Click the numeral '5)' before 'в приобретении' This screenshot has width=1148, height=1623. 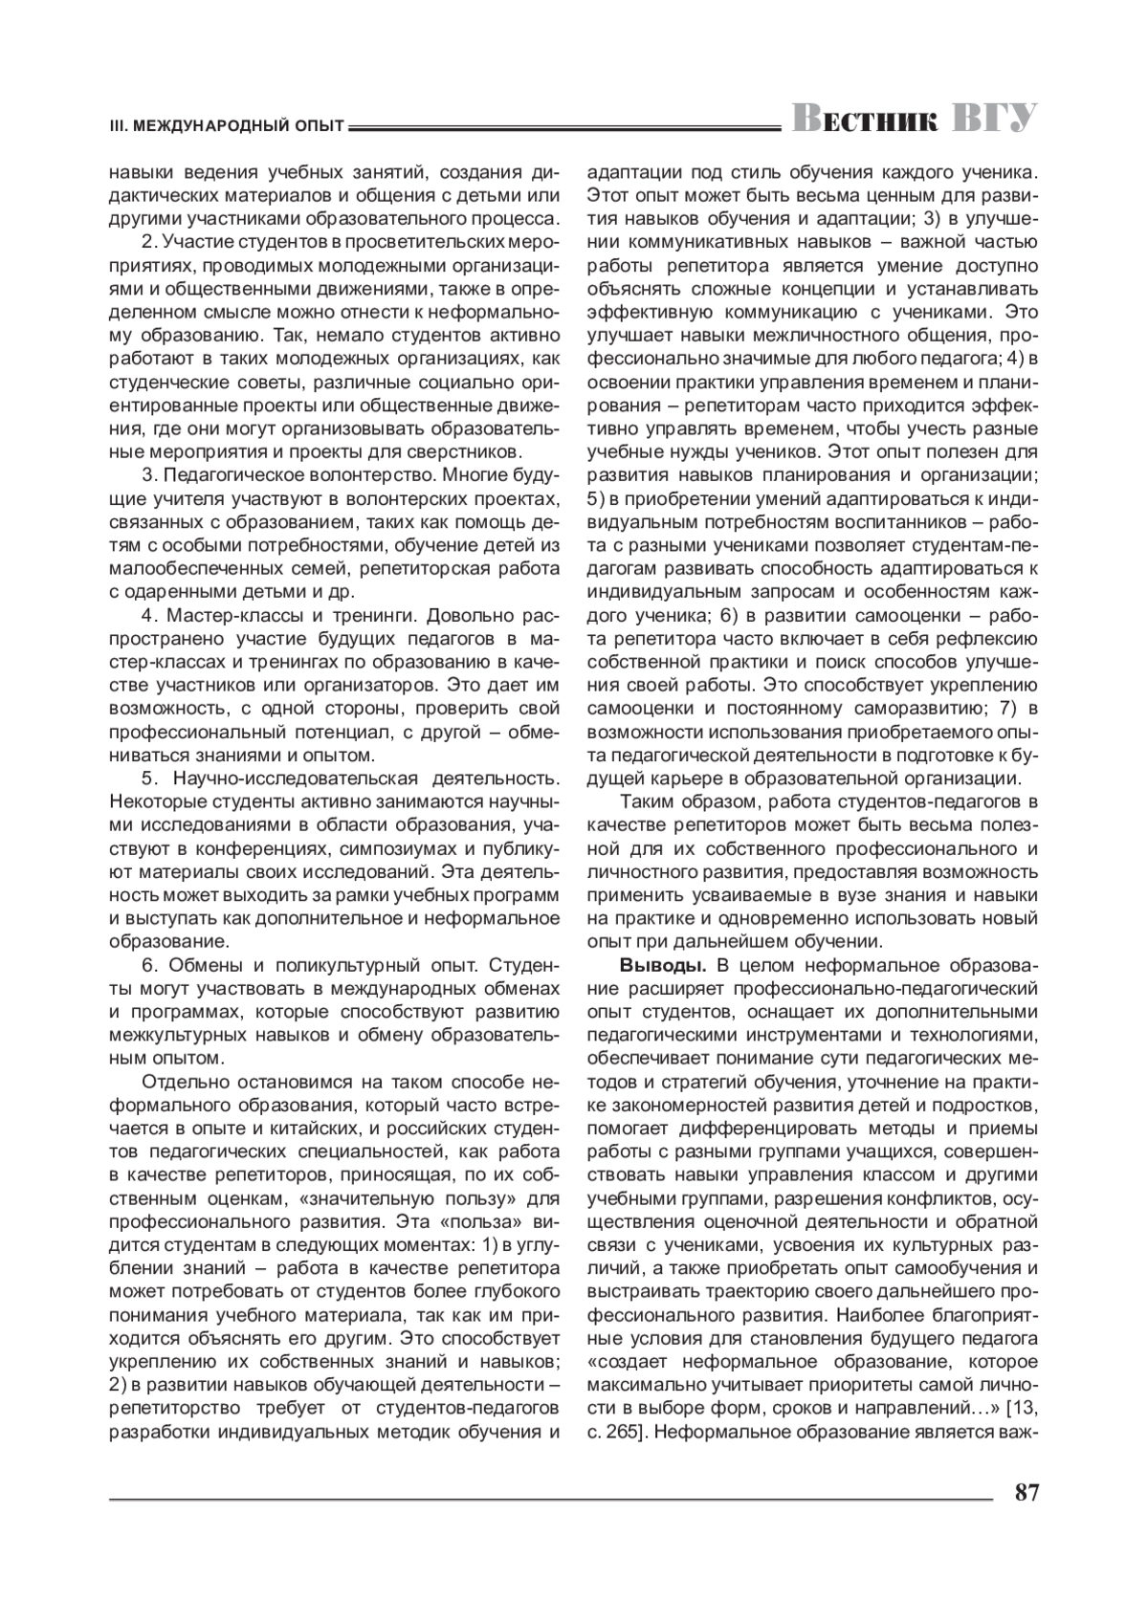[595, 498]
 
